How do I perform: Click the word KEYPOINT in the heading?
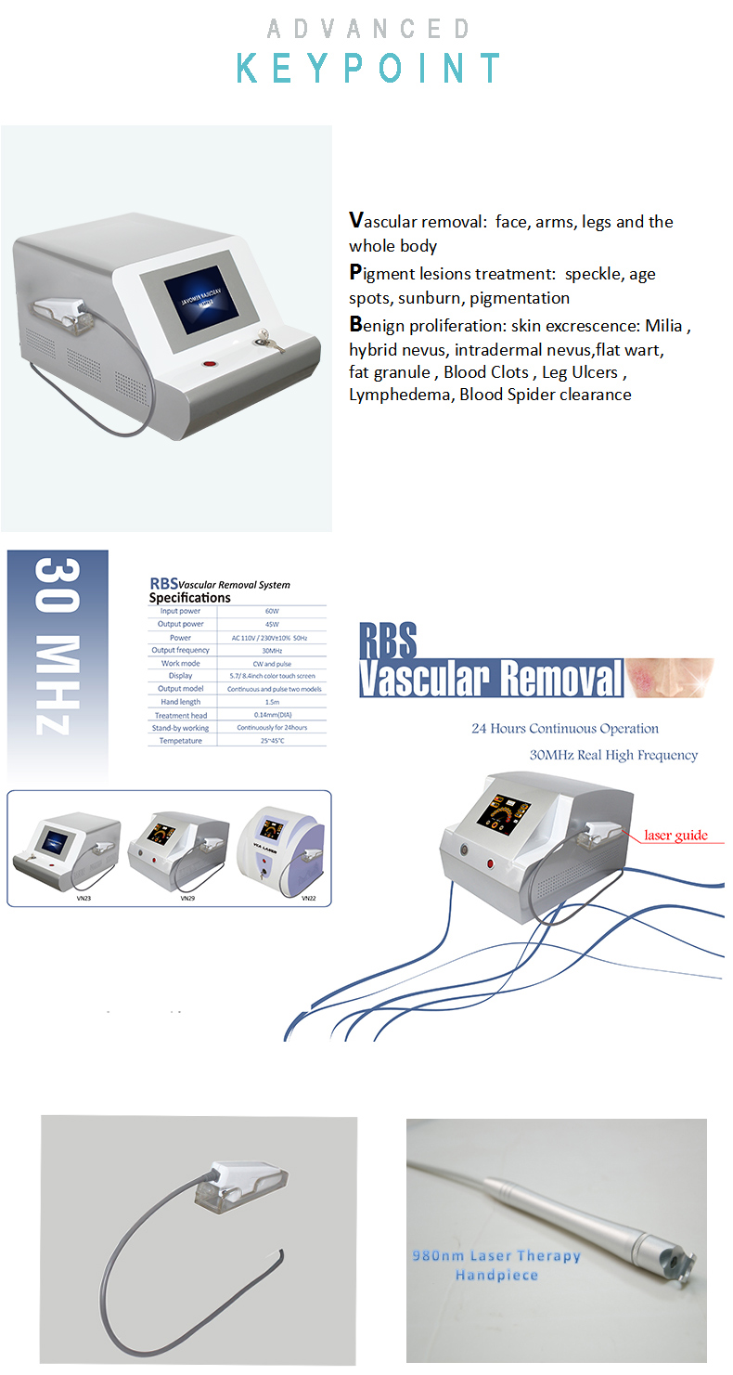(368, 70)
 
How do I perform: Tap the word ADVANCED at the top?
(368, 30)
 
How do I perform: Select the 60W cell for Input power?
(272, 611)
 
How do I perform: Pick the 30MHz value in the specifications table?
(272, 650)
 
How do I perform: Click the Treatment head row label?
(181, 715)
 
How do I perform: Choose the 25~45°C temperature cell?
(272, 741)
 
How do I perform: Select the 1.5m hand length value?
(272, 702)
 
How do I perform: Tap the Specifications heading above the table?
(189, 598)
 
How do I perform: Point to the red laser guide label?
(675, 836)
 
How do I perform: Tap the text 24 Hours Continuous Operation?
(564, 729)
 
